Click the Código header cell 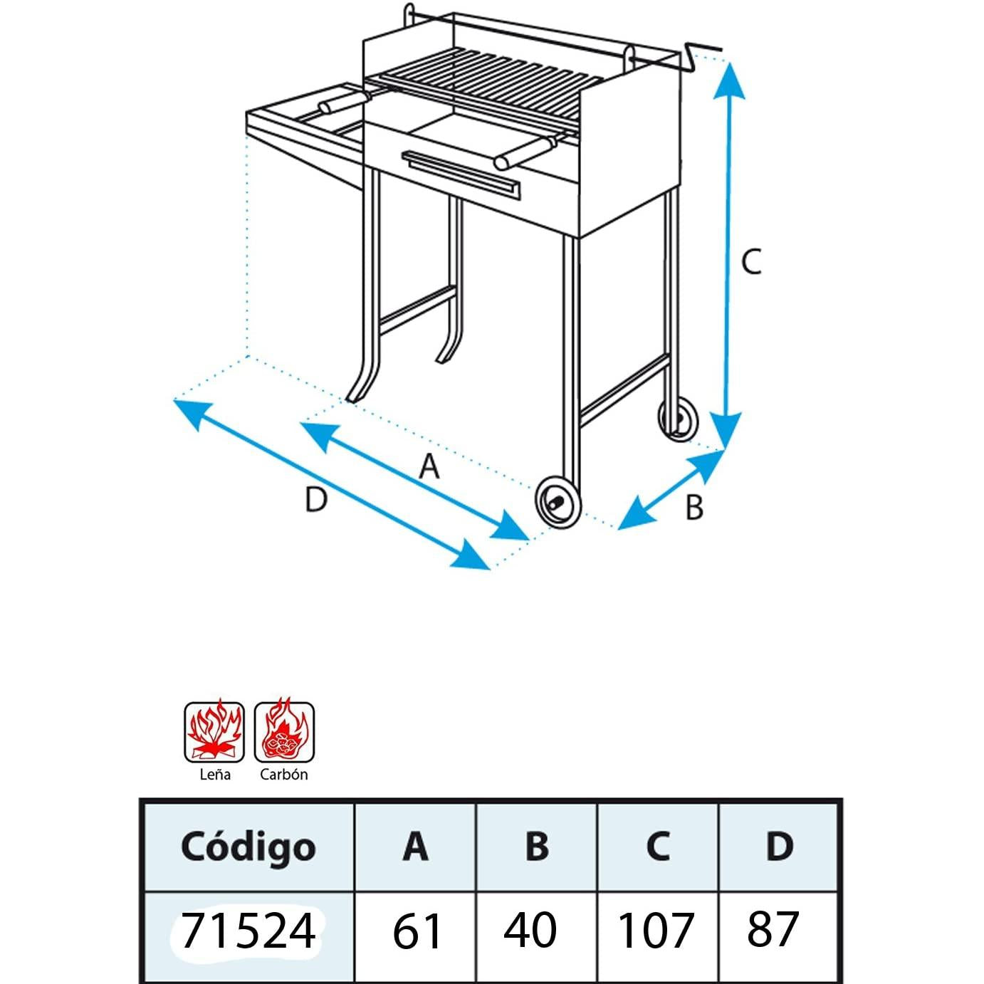click(x=247, y=847)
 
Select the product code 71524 click(x=247, y=930)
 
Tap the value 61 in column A click(x=417, y=931)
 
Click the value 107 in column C click(x=656, y=931)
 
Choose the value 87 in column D click(x=773, y=929)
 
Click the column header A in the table click(x=416, y=846)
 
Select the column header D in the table click(x=779, y=846)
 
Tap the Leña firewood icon click(x=214, y=732)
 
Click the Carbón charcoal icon click(x=284, y=732)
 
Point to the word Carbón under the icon click(x=284, y=775)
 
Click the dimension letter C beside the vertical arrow click(x=751, y=262)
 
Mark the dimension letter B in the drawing click(x=693, y=508)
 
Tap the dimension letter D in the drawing click(x=315, y=500)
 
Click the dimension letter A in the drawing click(x=429, y=468)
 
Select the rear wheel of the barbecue click(x=678, y=420)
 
